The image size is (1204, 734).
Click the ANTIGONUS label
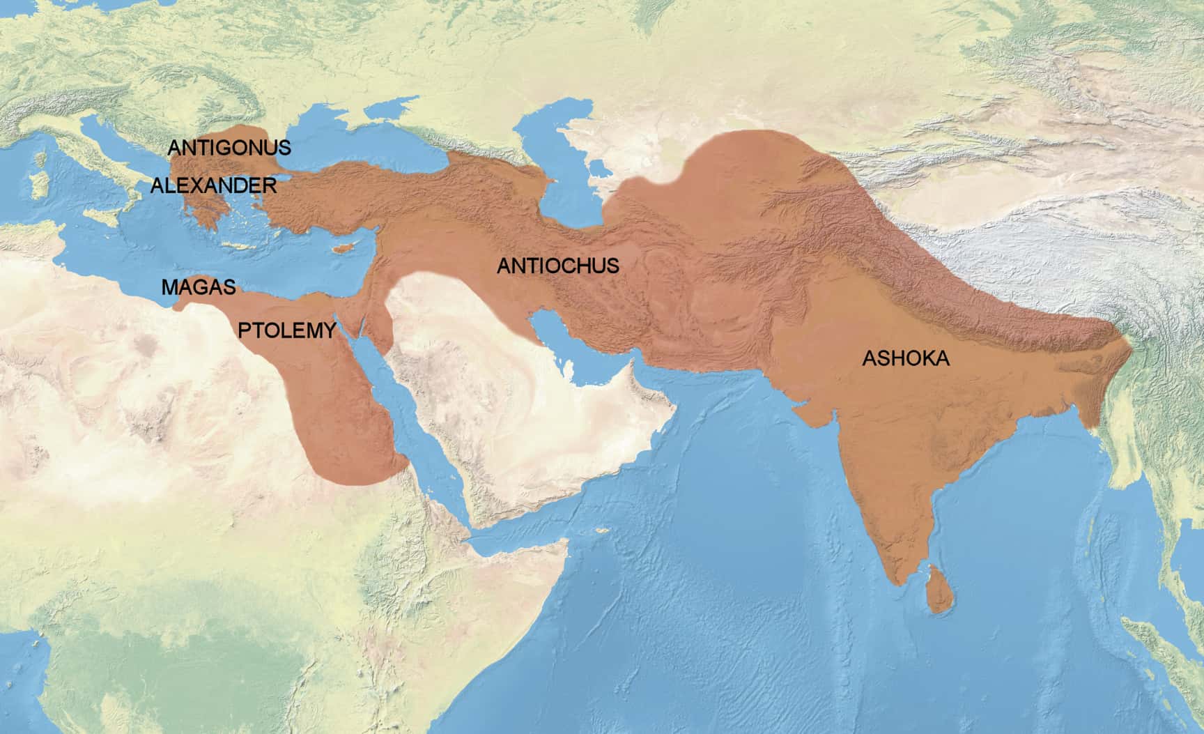coord(229,148)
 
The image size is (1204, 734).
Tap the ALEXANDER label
coord(213,185)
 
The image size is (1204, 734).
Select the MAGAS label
coord(199,286)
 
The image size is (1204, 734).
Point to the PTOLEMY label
coord(287,330)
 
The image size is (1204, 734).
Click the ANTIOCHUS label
coord(557,266)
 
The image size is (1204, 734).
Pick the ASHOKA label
coord(906,358)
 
